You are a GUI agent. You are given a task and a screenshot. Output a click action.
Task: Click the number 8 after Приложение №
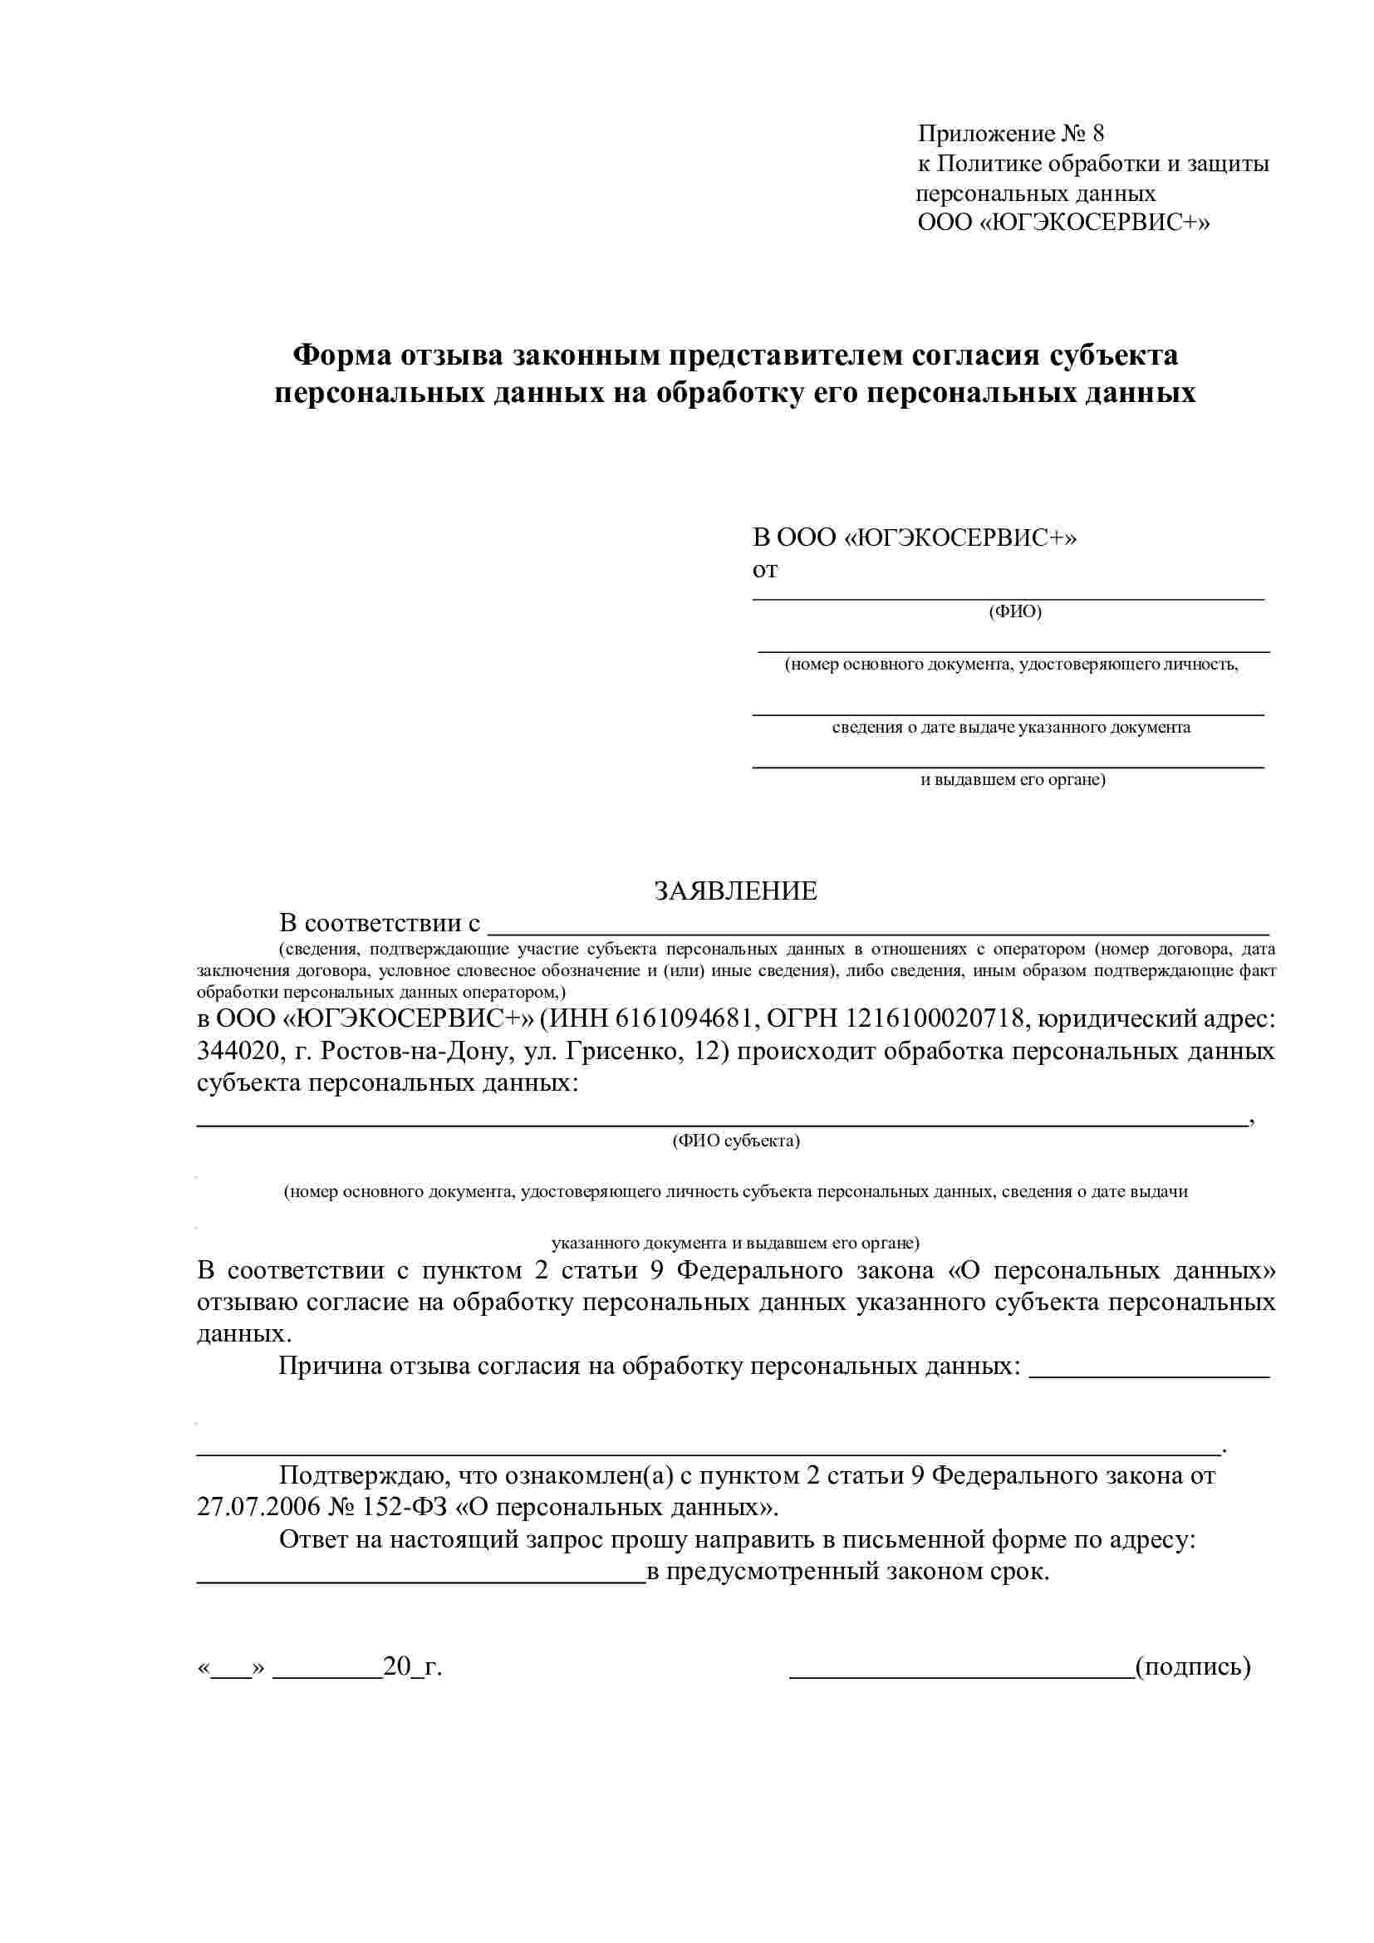pyautogui.click(x=1097, y=134)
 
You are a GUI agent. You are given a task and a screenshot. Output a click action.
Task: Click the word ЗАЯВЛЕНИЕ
pyautogui.click(x=735, y=891)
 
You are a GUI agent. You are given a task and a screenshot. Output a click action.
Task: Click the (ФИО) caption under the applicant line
pyautogui.click(x=1014, y=611)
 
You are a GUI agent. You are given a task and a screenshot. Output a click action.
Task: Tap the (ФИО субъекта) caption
pyautogui.click(x=736, y=1141)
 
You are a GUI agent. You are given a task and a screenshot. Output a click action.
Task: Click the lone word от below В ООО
pyautogui.click(x=765, y=571)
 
